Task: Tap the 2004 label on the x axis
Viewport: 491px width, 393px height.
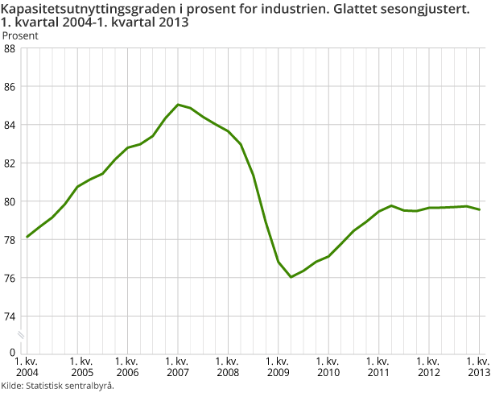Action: click(27, 373)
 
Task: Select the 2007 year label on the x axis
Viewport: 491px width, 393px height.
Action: click(177, 373)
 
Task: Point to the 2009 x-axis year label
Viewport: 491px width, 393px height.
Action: click(278, 373)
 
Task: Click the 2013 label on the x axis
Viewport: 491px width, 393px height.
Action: click(478, 373)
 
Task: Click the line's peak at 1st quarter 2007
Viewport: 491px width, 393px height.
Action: click(178, 105)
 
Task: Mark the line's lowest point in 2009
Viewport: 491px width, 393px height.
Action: click(291, 277)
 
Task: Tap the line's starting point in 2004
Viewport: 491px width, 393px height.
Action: click(27, 237)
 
